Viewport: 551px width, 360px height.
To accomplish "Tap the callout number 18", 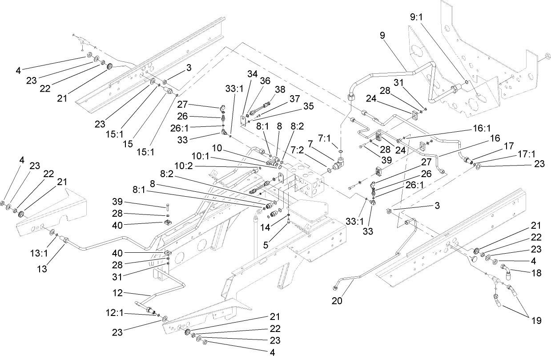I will (537, 273).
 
